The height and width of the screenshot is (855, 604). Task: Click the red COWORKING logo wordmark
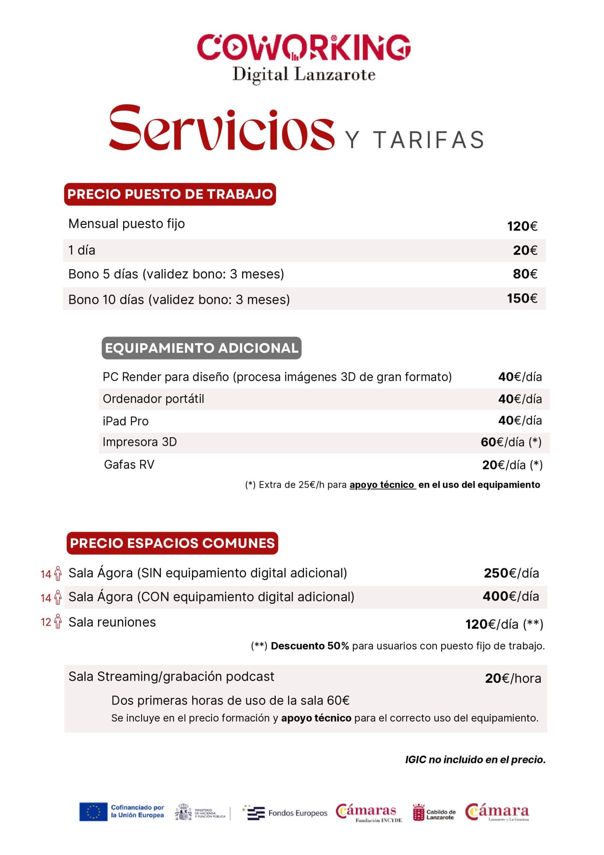(x=303, y=47)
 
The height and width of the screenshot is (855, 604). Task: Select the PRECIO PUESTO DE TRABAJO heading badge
(x=170, y=194)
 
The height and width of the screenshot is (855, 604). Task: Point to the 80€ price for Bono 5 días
(x=525, y=274)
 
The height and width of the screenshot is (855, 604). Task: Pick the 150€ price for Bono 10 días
(x=522, y=298)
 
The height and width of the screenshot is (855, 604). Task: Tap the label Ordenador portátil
(x=153, y=399)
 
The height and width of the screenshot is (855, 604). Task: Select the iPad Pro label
(x=125, y=421)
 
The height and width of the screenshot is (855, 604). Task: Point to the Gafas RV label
(x=129, y=464)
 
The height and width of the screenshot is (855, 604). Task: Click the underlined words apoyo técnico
(x=382, y=485)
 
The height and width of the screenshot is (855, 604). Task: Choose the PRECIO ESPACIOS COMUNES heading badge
(x=172, y=543)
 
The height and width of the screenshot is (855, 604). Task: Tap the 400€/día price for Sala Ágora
(x=511, y=596)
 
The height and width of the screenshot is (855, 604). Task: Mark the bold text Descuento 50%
(x=310, y=646)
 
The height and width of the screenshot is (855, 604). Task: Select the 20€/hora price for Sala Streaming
(x=513, y=678)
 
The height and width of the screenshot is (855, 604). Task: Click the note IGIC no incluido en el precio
(x=475, y=760)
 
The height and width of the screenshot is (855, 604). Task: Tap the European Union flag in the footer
(x=93, y=812)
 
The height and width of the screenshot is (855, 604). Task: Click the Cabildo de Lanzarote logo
(x=434, y=813)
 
